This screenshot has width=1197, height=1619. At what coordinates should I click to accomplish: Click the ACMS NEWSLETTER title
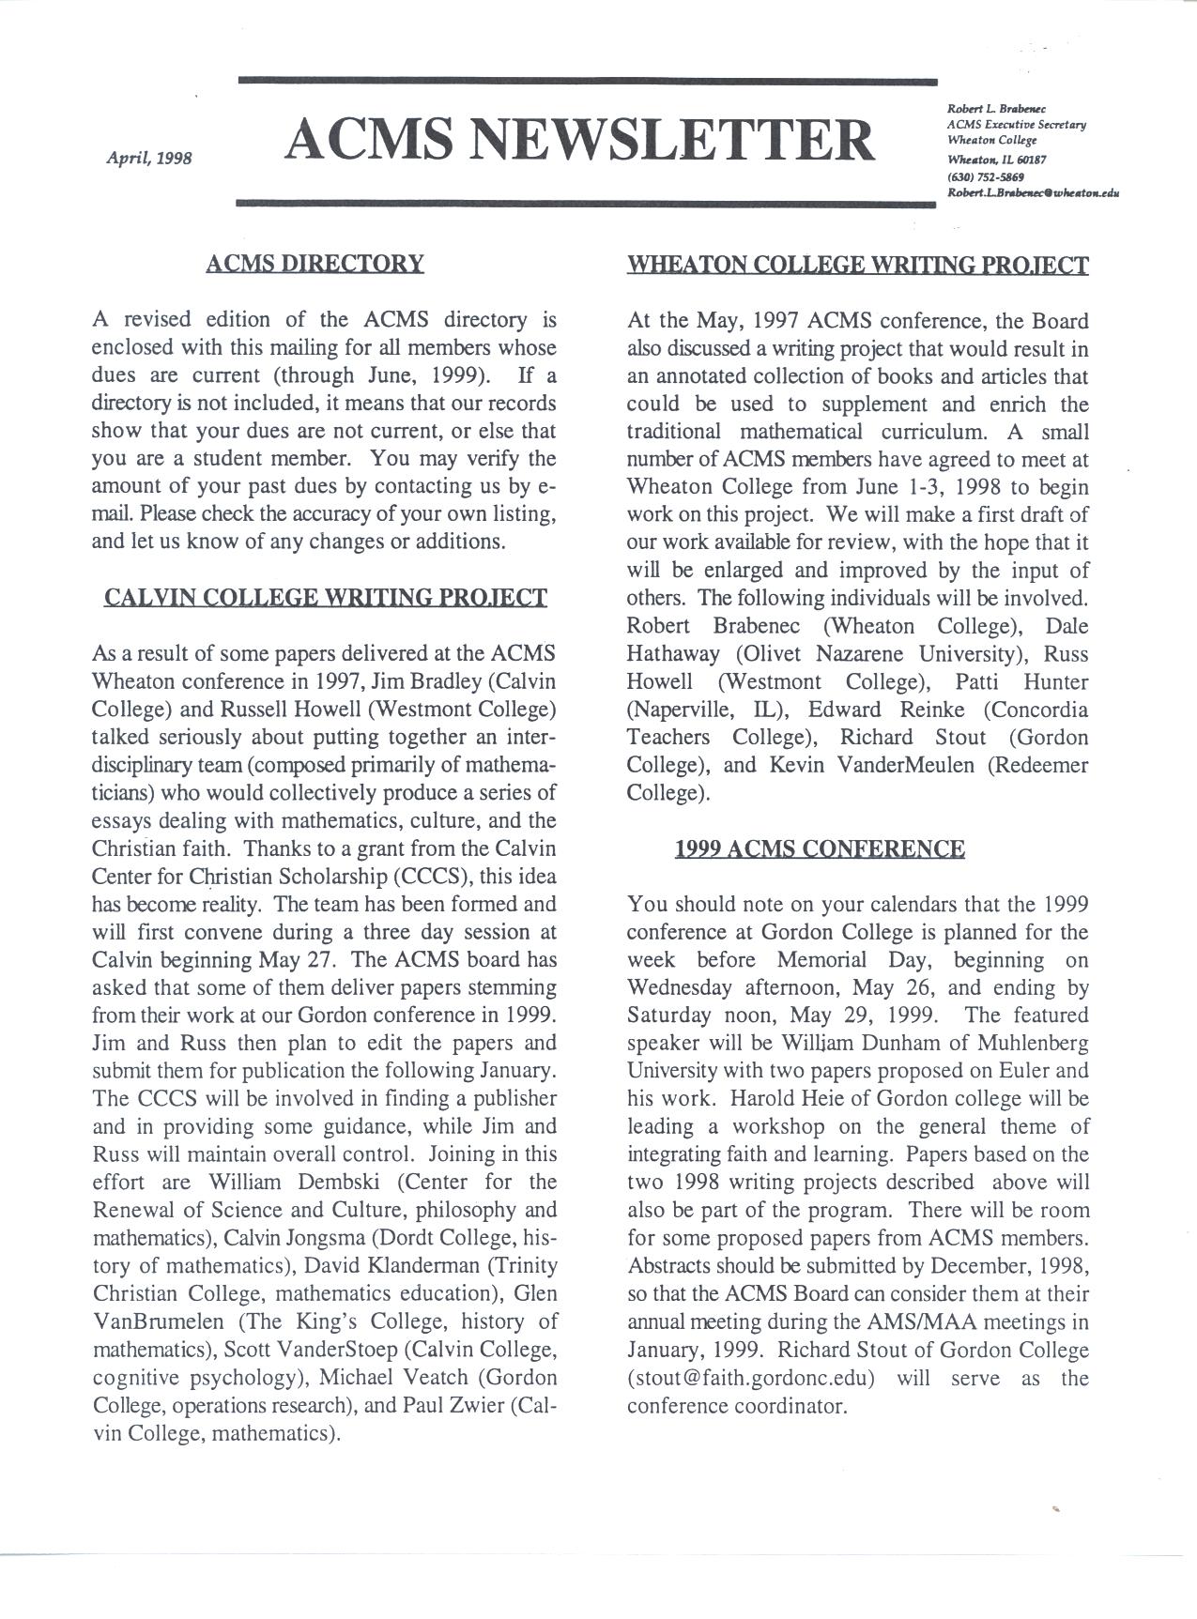(x=580, y=139)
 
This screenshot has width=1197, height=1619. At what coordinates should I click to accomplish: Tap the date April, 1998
(x=150, y=158)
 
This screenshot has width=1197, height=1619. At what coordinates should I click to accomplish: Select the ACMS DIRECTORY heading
(x=315, y=263)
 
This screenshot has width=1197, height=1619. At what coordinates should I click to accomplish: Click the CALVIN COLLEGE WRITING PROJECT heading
(x=325, y=598)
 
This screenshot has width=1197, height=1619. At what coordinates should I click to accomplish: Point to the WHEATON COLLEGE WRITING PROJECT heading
(x=857, y=265)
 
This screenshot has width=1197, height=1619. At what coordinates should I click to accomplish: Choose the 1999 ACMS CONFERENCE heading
(x=819, y=849)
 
